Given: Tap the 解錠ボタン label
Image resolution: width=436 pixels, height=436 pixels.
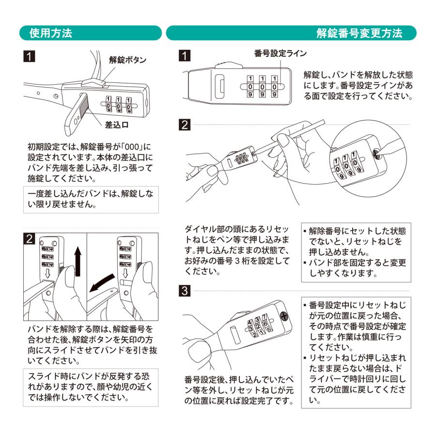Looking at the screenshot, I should tap(128, 60).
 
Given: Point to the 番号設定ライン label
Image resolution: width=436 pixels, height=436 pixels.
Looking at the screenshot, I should tap(280, 54).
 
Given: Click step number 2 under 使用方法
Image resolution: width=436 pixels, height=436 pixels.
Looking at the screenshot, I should tap(30, 239).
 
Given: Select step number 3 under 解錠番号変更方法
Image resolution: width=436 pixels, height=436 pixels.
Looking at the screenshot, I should tap(184, 291).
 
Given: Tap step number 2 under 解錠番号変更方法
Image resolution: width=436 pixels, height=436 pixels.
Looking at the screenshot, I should tap(184, 125).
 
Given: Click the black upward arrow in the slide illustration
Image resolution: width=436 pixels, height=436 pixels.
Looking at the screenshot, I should tap(78, 262).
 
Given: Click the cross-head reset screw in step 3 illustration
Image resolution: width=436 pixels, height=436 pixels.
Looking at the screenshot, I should tap(284, 318).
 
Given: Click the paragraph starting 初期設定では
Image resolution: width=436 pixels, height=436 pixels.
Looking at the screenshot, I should tap(90, 162).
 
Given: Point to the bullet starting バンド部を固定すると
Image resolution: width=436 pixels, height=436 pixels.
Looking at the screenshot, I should tap(356, 267).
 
